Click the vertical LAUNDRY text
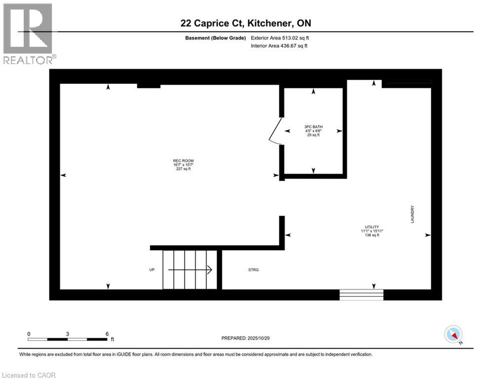(x=412, y=215)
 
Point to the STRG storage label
(x=253, y=270)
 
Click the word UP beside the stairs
(x=152, y=270)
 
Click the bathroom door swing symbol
(x=274, y=131)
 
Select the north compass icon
(x=453, y=335)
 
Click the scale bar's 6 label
(x=107, y=334)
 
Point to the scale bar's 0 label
(x=29, y=334)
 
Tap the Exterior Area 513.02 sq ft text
(x=280, y=38)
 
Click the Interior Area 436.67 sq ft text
(x=280, y=46)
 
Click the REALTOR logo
(x=28, y=34)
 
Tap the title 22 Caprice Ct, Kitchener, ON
(x=245, y=23)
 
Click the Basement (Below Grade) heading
(x=216, y=38)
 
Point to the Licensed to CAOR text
(x=29, y=375)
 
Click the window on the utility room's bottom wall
(x=361, y=295)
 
